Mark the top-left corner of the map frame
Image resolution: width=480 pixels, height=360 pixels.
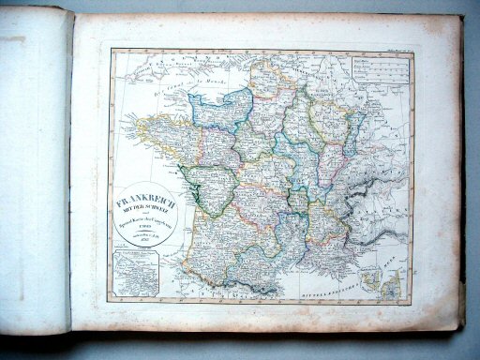110,51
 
